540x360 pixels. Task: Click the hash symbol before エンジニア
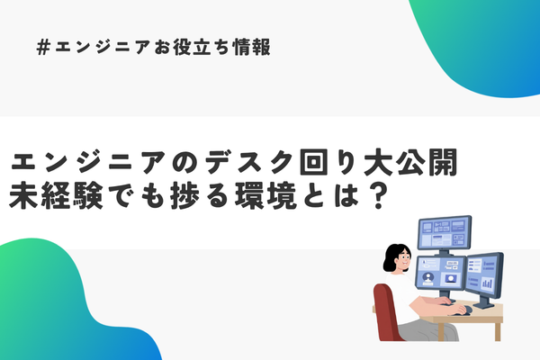tap(43, 47)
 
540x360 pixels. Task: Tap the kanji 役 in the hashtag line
tap(182, 47)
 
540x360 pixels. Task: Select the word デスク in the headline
tap(249, 162)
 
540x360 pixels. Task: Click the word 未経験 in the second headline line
tap(56, 195)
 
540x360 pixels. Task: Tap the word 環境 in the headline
tap(265, 195)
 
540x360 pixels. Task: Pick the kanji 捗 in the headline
tap(184, 195)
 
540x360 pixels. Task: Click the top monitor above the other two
tap(445, 232)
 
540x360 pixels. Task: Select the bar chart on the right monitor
tap(487, 283)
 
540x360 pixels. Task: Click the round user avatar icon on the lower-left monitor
tap(428, 277)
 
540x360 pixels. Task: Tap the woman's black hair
tap(393, 256)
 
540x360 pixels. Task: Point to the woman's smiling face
tap(403, 259)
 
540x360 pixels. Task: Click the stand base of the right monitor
tap(484, 305)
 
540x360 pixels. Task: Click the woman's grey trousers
tap(427, 330)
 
